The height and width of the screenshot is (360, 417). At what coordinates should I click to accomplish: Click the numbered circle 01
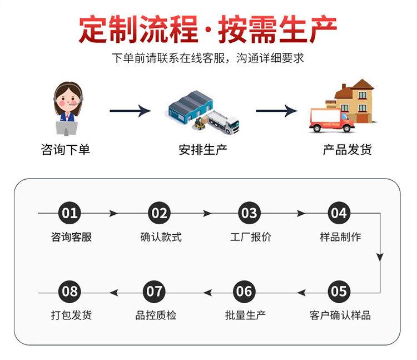click(x=69, y=213)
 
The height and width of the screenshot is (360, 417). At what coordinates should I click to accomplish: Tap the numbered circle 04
click(x=338, y=213)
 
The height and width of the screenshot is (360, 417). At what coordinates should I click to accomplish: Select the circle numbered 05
click(x=338, y=291)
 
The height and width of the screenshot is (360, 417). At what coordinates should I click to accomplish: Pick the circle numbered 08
click(x=69, y=291)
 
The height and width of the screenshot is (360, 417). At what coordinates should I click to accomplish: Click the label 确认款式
click(x=161, y=237)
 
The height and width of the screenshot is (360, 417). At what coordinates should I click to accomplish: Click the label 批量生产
click(x=245, y=315)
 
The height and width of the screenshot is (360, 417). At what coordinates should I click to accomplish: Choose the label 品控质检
click(x=156, y=315)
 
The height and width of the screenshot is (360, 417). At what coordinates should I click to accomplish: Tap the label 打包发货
click(x=71, y=315)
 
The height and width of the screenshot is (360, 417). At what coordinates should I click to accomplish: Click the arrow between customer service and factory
click(x=130, y=111)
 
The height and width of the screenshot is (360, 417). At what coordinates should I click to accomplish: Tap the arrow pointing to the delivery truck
click(x=276, y=111)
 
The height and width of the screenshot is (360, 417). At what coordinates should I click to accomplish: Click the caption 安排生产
click(x=203, y=149)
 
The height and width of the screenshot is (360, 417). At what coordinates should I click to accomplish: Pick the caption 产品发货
click(x=348, y=149)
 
